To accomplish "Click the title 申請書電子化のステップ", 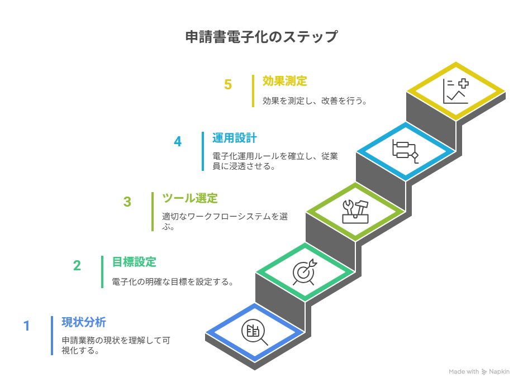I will click(x=261, y=37).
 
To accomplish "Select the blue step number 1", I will click(x=26, y=326).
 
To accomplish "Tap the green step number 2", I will click(x=77, y=265).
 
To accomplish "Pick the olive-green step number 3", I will click(x=127, y=202).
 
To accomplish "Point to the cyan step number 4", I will click(x=178, y=141).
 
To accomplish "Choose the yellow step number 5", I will click(x=228, y=84).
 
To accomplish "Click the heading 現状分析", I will click(x=84, y=322).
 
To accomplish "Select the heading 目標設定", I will click(x=134, y=262).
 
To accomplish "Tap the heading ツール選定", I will click(x=190, y=198).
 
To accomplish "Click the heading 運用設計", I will click(x=235, y=138).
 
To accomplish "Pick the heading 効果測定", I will click(x=285, y=81).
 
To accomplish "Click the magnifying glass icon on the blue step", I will click(x=254, y=332).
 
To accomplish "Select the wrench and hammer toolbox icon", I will click(x=355, y=212).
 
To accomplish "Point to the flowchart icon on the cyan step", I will click(x=406, y=151).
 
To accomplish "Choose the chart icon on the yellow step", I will click(x=455, y=91).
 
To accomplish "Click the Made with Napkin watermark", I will click(x=479, y=371).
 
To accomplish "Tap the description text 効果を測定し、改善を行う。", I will click(x=315, y=102).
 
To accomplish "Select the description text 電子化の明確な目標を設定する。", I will click(x=173, y=282).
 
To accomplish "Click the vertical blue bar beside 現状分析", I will click(x=52, y=336).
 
